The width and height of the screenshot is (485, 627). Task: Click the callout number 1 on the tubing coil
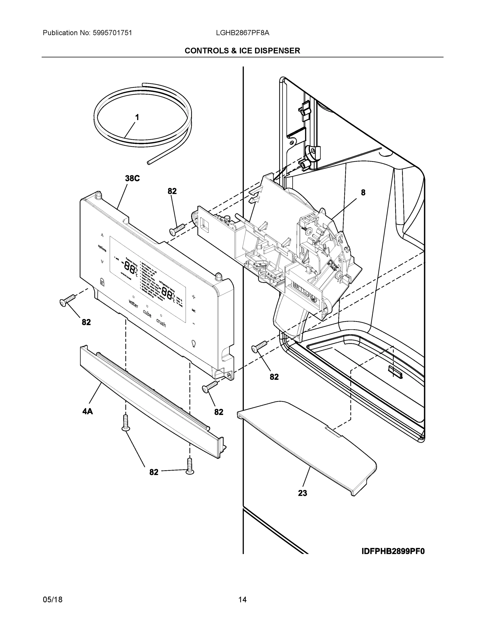click(x=137, y=117)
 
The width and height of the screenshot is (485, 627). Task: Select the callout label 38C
click(x=132, y=179)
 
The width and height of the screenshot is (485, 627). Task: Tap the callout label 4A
click(x=88, y=412)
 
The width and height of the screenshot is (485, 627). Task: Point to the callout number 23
click(x=302, y=493)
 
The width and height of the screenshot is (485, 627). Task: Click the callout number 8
click(x=363, y=193)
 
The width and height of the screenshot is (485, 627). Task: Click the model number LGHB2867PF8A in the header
click(x=243, y=33)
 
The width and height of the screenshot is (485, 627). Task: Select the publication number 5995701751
click(x=112, y=33)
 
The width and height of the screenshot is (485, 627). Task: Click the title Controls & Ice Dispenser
click(x=242, y=51)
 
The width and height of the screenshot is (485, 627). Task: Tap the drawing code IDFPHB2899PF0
click(x=393, y=551)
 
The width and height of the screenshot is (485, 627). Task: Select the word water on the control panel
click(x=134, y=304)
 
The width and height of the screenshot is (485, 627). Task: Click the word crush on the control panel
click(x=161, y=323)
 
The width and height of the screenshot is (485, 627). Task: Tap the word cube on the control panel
click(x=147, y=313)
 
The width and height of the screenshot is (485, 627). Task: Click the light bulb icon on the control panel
click(x=193, y=343)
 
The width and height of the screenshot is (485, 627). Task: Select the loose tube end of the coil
click(x=149, y=163)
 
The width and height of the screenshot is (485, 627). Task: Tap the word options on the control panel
click(x=102, y=248)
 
